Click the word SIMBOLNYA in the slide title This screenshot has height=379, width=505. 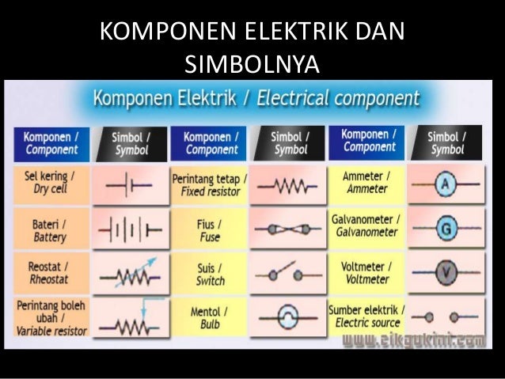[x=252, y=63]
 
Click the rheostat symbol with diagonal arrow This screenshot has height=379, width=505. [x=130, y=275]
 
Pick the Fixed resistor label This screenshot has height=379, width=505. [x=209, y=184]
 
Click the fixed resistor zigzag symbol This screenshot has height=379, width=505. [x=288, y=186]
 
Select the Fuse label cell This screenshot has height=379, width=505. [x=209, y=229]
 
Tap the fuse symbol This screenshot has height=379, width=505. [x=288, y=230]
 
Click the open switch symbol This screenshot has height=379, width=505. [x=288, y=275]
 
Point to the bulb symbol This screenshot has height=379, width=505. [x=288, y=319]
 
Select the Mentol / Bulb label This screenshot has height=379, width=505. [x=209, y=318]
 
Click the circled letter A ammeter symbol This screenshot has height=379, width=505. [x=447, y=184]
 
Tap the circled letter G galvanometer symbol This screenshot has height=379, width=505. [x=447, y=229]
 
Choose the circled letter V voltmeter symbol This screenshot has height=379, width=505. [x=447, y=274]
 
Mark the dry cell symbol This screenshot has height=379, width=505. [x=130, y=186]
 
